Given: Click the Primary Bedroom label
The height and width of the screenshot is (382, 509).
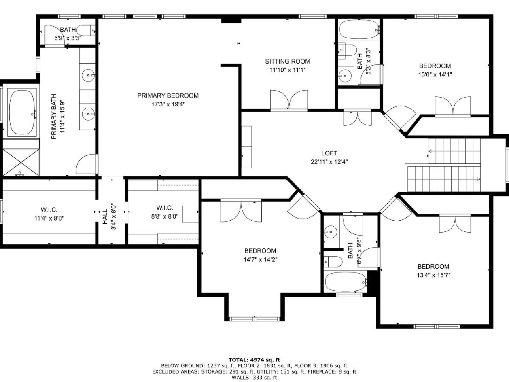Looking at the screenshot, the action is pos(168,95).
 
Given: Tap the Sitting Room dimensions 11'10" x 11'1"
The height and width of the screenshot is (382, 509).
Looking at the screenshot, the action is pos(288,70).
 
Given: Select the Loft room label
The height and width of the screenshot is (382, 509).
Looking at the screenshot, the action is pos(329,153).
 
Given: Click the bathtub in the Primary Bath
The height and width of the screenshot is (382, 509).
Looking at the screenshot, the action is pos(22,112).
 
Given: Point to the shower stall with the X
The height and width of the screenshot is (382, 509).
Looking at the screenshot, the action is pos(21,163).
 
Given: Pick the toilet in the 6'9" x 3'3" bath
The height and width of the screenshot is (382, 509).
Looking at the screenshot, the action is pos(86,31).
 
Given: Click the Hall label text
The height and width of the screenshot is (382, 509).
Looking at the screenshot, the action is pos(105,217).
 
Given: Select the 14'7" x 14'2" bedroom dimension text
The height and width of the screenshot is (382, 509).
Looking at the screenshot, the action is pos(260,259).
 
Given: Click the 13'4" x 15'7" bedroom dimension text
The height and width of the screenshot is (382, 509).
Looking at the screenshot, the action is pos(433,275).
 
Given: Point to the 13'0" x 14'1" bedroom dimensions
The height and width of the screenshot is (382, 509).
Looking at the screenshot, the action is pos(435,74).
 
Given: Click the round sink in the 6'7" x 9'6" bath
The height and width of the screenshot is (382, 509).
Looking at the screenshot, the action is pos(330,232).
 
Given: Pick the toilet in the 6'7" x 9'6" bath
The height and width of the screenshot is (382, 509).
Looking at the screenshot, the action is pos(333,262).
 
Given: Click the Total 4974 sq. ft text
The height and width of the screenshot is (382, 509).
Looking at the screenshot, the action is pos(255,360).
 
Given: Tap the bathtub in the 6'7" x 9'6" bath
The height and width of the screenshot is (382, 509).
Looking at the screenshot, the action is pos(346,282).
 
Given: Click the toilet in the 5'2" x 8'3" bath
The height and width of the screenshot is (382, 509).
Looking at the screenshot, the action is pos(348,51).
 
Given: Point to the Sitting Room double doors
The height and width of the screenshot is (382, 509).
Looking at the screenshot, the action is pos(289,100).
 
